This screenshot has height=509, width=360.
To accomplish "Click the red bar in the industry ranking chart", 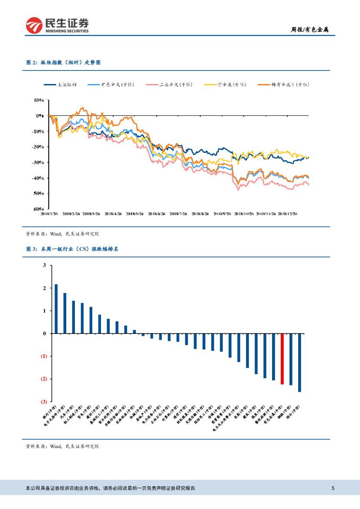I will point(282,359).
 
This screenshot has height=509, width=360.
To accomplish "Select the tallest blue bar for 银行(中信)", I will point(56,309).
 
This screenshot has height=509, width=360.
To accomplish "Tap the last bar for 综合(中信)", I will point(299,363).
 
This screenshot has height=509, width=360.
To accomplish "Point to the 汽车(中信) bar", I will point(74,317).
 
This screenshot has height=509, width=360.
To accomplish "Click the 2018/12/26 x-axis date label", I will point(287,214).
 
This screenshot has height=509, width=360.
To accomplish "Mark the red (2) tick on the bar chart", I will point(44,379).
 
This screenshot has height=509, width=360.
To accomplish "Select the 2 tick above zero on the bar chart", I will point(44,288).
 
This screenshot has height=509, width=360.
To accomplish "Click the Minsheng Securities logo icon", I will point(33,26).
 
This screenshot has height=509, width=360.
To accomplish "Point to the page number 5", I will point(333,488).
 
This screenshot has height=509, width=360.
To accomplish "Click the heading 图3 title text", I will point(73,249).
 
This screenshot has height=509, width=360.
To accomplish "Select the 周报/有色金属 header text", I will point(310,30).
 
